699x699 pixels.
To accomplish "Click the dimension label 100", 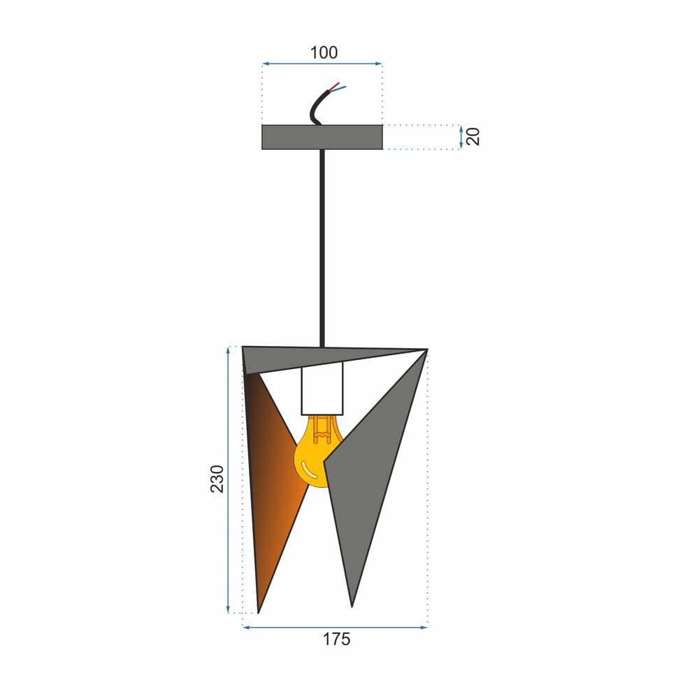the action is click(x=324, y=52).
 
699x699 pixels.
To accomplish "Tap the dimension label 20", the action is click(x=473, y=136).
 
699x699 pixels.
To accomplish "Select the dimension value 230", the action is click(x=217, y=479).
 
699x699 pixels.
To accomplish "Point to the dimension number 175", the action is click(x=337, y=640).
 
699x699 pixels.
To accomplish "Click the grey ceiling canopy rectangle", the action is click(x=322, y=137).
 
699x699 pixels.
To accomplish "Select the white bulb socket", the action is click(x=322, y=388).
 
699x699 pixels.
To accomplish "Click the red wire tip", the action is click(x=339, y=83).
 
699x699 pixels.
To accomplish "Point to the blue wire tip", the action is click(x=345, y=87).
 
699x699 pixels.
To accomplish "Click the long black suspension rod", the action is click(x=322, y=248).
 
